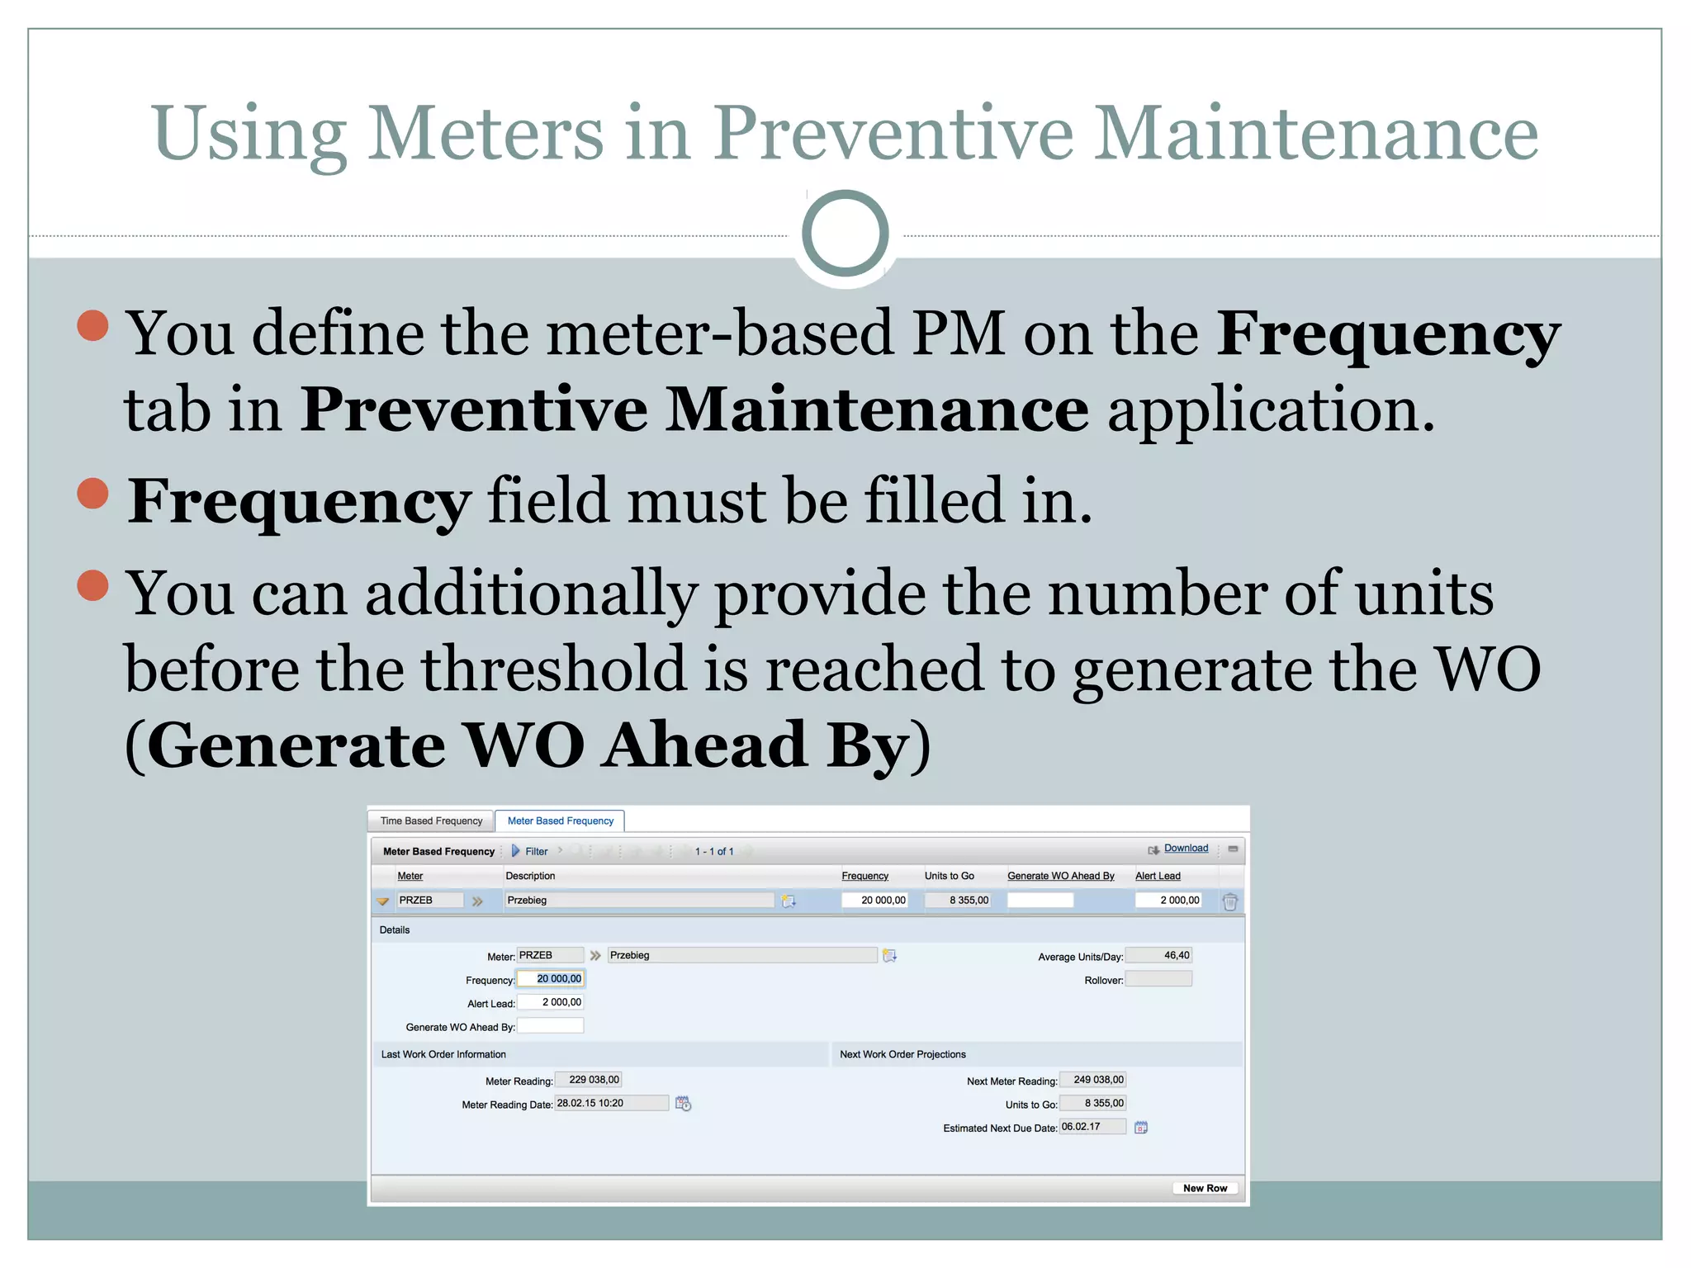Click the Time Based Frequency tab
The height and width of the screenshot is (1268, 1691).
(431, 821)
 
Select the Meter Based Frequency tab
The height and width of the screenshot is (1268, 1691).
(560, 821)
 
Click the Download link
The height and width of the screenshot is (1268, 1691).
(1186, 848)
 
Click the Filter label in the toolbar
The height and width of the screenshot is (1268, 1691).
(536, 851)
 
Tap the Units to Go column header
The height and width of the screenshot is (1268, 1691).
(949, 876)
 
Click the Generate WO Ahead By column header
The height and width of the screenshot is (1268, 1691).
(1060, 876)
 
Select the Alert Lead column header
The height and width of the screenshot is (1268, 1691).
(1157, 876)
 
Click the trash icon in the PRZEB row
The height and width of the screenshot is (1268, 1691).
(1229, 901)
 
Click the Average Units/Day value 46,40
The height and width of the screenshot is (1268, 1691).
(1158, 955)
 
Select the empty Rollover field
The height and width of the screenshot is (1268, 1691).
(1158, 979)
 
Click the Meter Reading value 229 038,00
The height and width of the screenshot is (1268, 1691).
(589, 1080)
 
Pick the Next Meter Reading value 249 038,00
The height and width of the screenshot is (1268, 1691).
(1093, 1080)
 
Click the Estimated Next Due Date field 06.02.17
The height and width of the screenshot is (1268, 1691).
(1092, 1127)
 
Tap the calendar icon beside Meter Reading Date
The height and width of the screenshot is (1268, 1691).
(683, 1104)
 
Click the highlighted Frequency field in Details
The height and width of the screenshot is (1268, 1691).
(551, 979)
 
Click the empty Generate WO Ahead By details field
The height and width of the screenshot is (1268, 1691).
(551, 1026)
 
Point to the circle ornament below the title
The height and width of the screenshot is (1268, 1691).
(845, 234)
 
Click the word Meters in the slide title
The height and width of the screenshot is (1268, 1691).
(486, 134)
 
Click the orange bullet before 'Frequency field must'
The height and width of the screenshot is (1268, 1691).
(93, 494)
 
